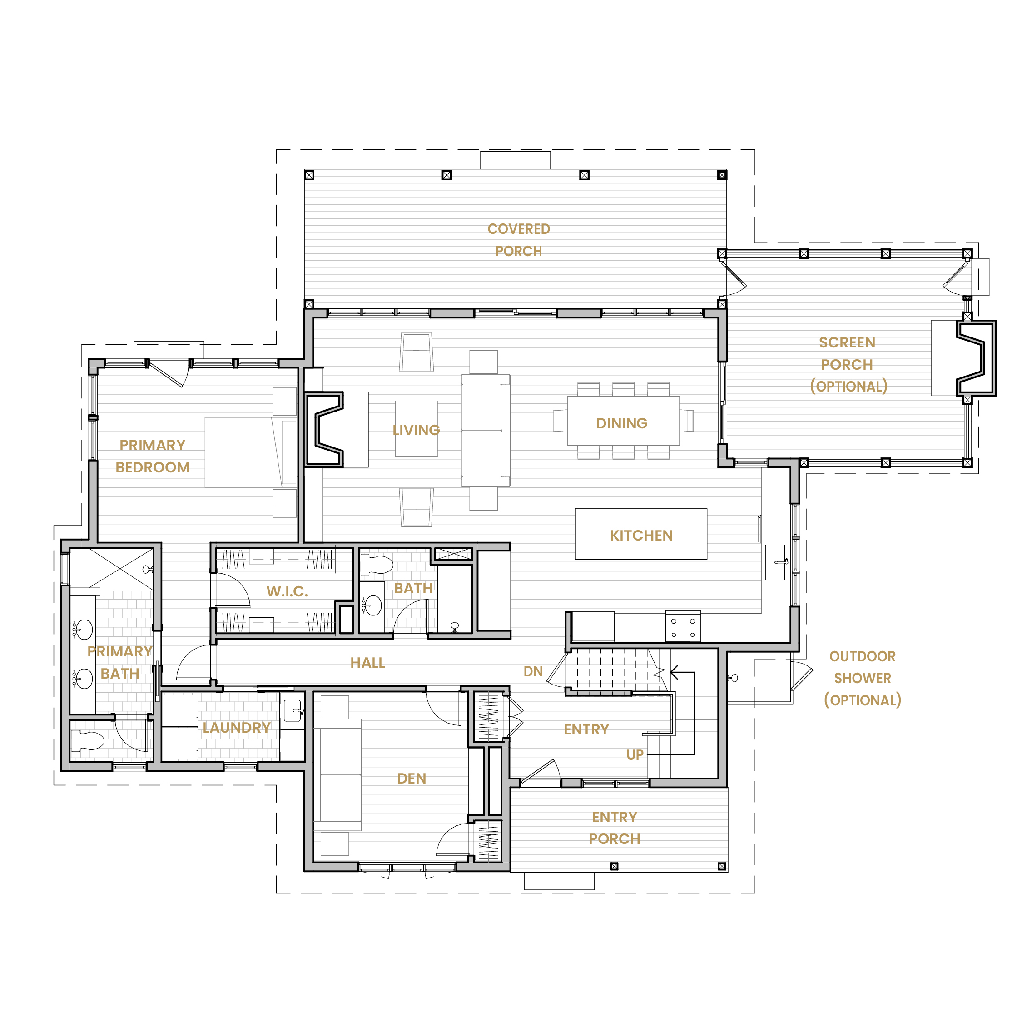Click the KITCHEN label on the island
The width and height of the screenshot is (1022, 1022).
[x=641, y=536]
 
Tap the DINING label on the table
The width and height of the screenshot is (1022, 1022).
[x=621, y=423]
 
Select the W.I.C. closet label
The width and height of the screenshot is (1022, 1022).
[x=287, y=591]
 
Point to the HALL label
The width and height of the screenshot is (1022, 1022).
[x=367, y=663]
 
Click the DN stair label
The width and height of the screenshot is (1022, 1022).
[x=533, y=671]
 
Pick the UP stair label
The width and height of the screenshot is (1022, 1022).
[x=635, y=755]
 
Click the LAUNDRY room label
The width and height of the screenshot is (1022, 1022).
[x=237, y=728]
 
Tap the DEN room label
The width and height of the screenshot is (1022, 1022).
[x=412, y=778]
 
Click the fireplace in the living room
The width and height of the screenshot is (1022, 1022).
[x=324, y=430]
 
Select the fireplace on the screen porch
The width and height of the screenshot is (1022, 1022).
[x=976, y=358]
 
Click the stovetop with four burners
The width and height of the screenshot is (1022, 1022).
[x=683, y=627]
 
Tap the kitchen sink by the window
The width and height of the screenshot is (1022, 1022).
[x=775, y=562]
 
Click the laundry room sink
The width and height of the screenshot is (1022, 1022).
[x=293, y=711]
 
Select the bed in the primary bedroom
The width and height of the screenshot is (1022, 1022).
[x=251, y=452]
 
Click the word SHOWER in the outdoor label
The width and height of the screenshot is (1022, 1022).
[x=862, y=678]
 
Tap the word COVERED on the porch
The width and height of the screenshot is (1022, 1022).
[x=519, y=229]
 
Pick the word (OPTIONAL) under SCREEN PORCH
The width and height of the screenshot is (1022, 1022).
[x=848, y=387]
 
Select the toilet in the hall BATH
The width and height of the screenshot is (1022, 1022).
[x=377, y=565]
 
